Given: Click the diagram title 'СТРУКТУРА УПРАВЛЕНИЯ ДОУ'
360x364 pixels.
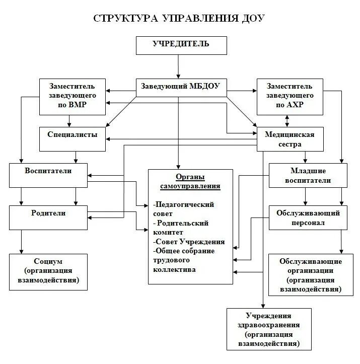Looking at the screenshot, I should click(x=179, y=19).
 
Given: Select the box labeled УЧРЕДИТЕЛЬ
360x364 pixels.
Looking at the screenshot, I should click(x=180, y=44).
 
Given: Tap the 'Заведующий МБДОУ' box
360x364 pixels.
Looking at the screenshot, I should click(x=180, y=86).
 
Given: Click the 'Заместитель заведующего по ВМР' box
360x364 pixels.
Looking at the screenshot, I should click(x=73, y=96).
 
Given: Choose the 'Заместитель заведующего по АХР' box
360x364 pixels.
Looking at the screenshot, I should click(x=290, y=96).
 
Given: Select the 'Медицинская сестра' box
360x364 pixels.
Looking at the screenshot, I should click(x=290, y=139).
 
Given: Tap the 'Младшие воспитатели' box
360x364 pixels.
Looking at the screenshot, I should click(x=308, y=175).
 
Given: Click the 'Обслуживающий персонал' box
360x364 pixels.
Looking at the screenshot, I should click(x=308, y=217).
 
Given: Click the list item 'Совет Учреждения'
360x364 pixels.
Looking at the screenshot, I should click(x=189, y=242).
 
